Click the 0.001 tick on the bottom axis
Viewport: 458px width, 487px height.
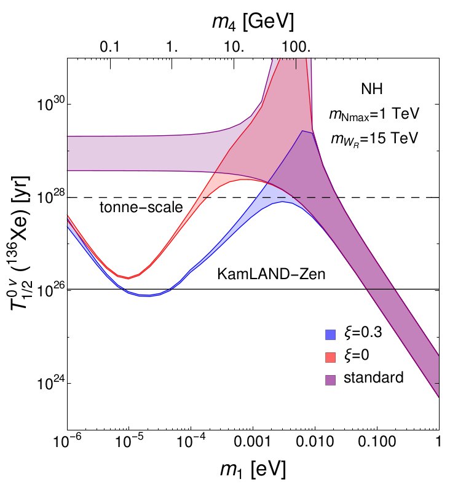[x=253, y=442]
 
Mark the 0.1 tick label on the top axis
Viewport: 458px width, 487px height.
[x=109, y=47]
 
